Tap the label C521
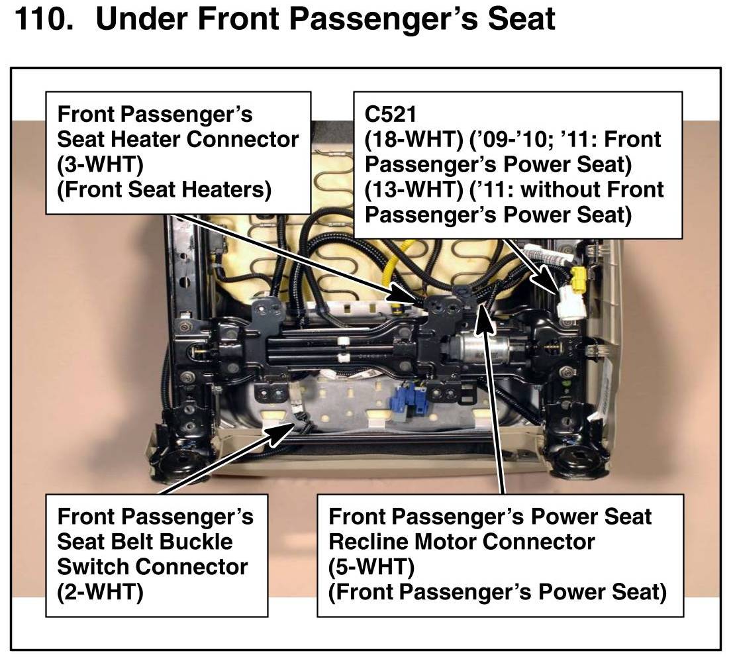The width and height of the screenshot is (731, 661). tap(391, 115)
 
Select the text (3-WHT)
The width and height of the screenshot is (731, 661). tap(100, 164)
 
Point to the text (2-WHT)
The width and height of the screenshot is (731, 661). tap(100, 592)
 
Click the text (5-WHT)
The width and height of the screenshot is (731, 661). tap(371, 567)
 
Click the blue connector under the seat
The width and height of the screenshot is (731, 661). tap(409, 400)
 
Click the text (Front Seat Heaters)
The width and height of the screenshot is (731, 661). tap(164, 189)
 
